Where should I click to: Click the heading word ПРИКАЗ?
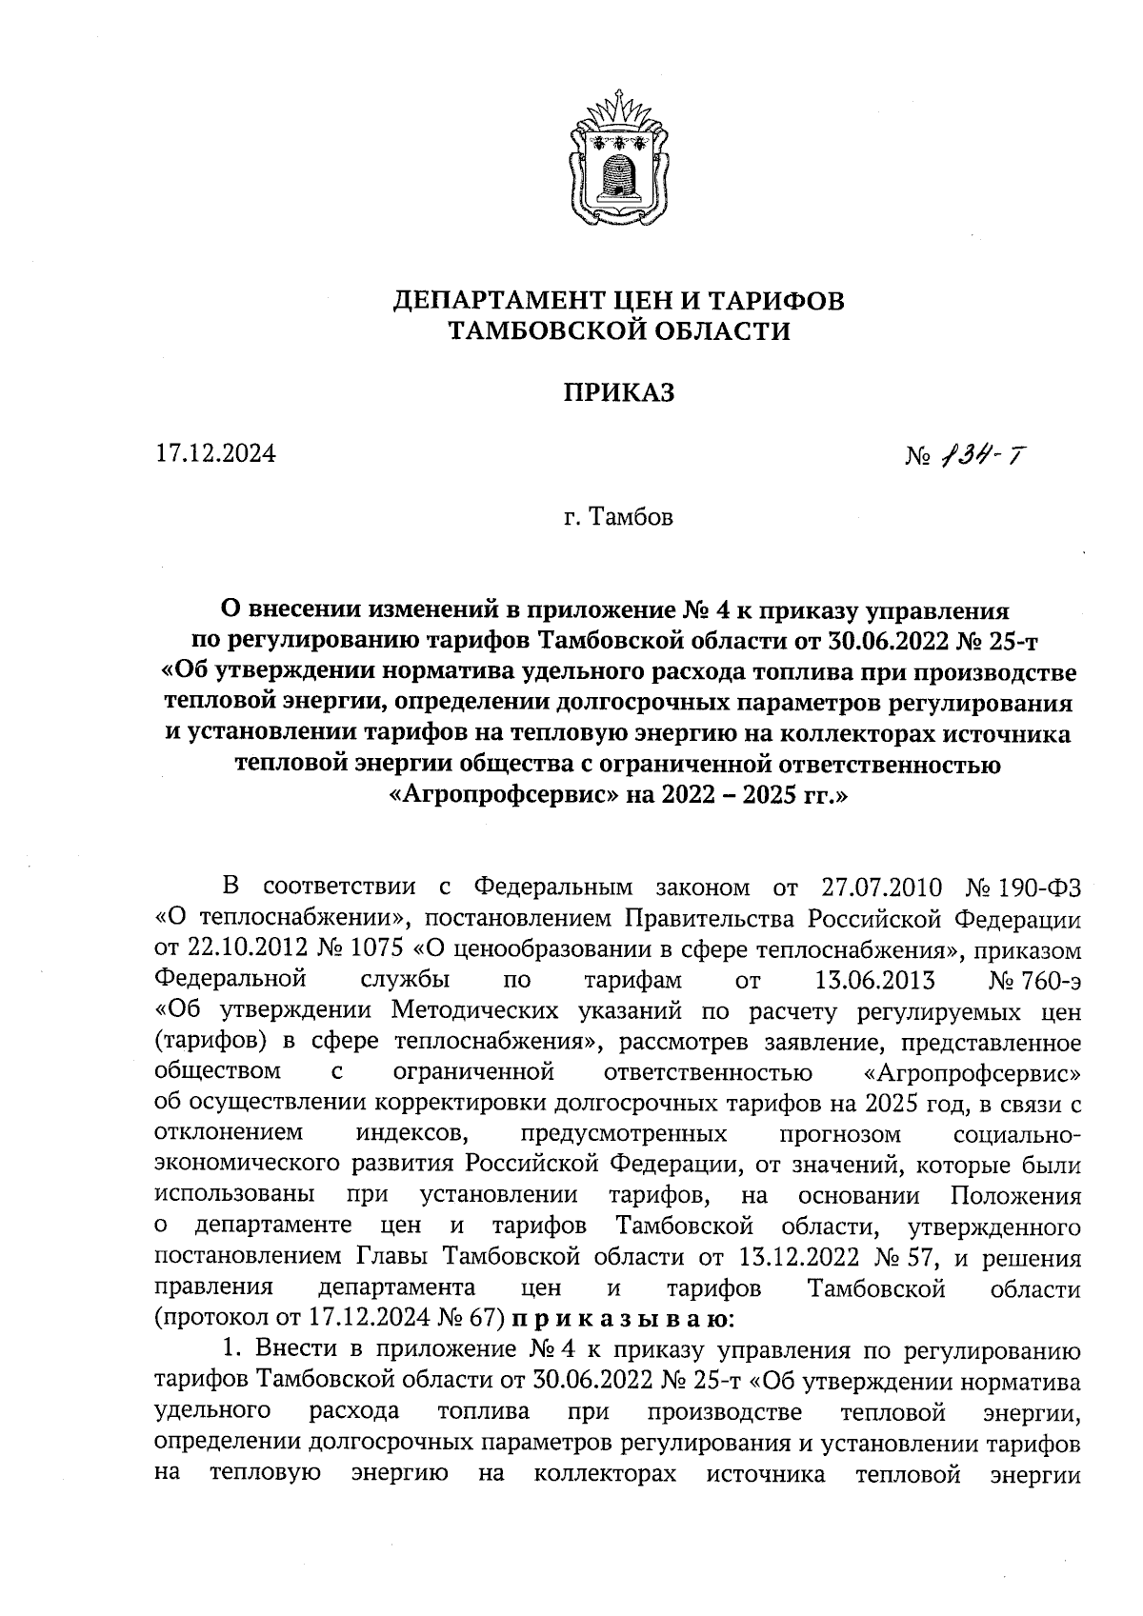coord(619,392)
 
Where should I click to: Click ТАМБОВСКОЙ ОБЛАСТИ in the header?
coord(619,331)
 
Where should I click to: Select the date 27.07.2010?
coord(881,888)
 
